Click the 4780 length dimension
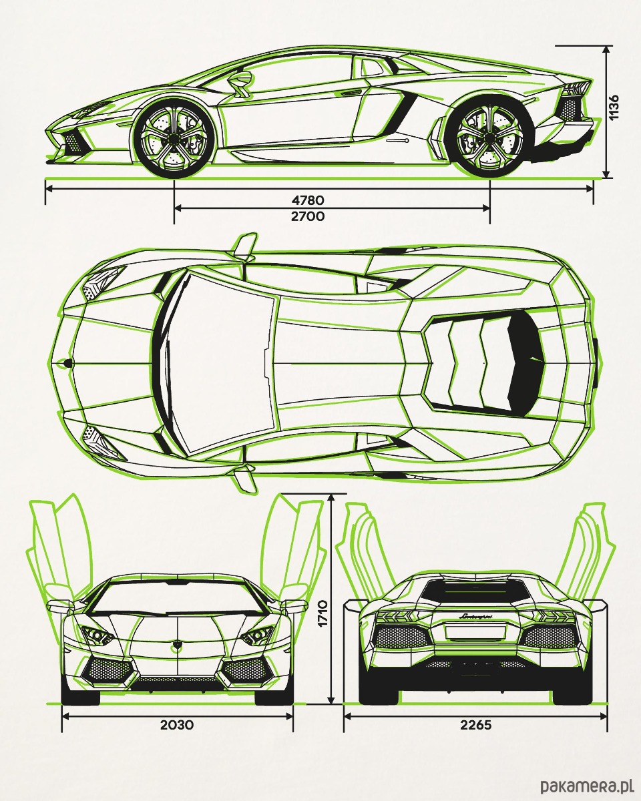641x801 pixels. coord(308,200)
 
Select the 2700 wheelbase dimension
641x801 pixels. coord(308,216)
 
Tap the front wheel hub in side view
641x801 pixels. coord(174,138)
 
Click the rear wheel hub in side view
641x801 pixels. coord(489,139)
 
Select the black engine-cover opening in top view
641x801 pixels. coord(525,363)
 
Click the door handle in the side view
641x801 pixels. coord(398,140)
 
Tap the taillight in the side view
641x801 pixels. coord(576,89)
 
